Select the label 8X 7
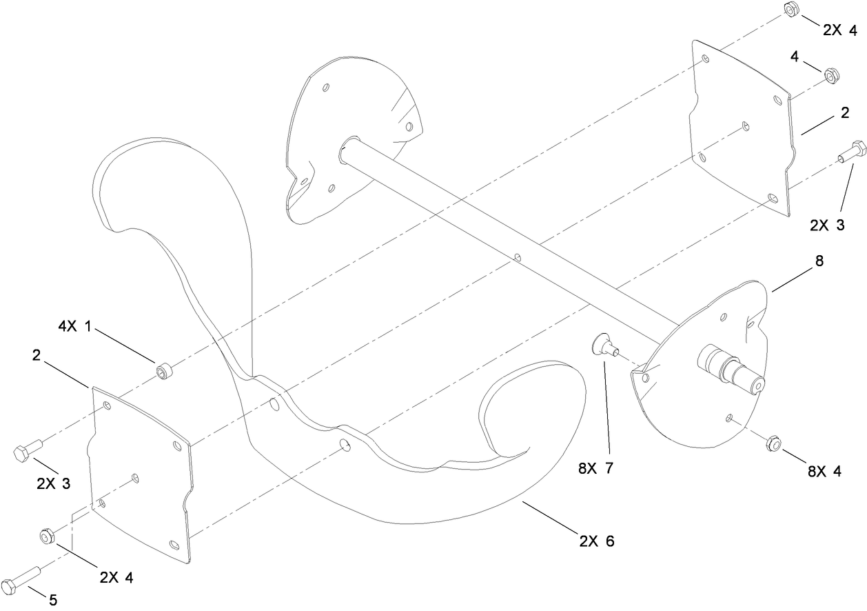tap(595, 468)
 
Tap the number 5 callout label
tap(53, 600)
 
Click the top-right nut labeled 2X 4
tap(791, 10)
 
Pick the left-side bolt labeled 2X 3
tap(25, 450)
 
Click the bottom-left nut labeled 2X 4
tap(46, 535)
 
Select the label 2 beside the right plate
tap(844, 116)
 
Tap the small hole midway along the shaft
tap(518, 259)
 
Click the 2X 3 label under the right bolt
tap(826, 226)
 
